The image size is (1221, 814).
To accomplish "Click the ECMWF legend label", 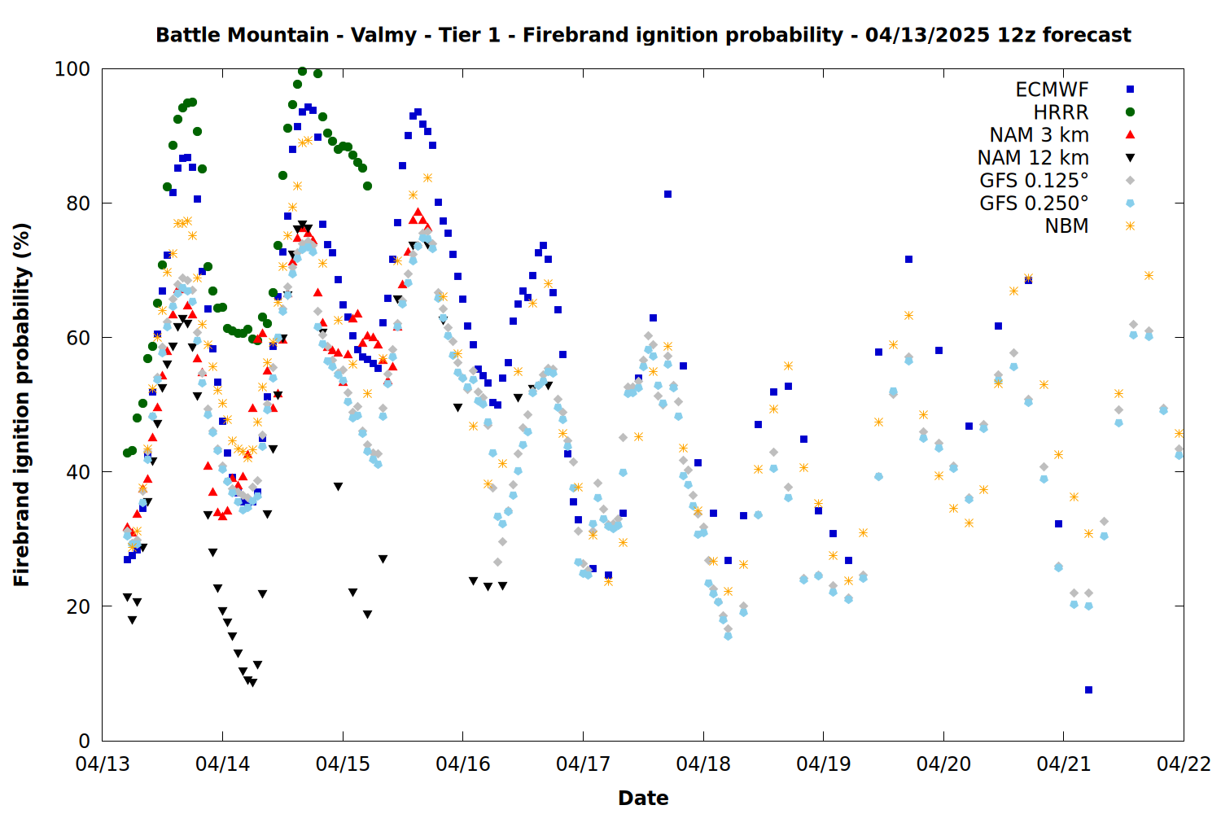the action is tap(1052, 90).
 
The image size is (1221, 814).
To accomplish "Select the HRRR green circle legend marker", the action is tap(1130, 112).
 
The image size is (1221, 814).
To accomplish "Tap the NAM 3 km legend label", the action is tap(1039, 134).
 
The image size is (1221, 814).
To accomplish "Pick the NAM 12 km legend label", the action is tap(1033, 158).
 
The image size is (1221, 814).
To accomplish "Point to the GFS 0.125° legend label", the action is tap(1034, 181).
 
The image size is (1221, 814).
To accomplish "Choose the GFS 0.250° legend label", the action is tap(1034, 203).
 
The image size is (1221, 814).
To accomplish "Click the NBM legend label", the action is tap(1066, 226).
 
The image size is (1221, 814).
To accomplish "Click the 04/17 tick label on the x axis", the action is tap(583, 764).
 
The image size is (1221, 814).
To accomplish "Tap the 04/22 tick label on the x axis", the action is tap(1184, 764).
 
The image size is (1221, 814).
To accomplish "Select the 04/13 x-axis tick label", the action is tap(103, 764).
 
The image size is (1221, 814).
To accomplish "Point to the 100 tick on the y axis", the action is tap(72, 69).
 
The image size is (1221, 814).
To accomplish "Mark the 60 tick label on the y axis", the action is tap(78, 338).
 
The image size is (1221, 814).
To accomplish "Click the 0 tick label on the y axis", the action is tap(84, 741).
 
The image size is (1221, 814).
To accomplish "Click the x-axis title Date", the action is tap(643, 799).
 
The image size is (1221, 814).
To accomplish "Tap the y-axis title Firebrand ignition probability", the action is tap(21, 405).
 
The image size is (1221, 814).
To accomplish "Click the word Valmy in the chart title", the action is tap(383, 35).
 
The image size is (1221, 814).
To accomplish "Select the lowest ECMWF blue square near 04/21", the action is tap(1088, 689).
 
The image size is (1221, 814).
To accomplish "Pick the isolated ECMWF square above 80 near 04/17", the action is tap(667, 194).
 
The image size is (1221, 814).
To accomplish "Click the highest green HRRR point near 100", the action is tap(303, 72).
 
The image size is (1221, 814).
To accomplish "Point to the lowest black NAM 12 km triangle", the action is tap(252, 683).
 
